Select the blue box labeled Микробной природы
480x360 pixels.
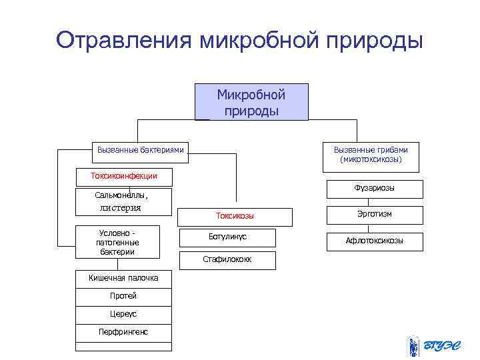[251, 102]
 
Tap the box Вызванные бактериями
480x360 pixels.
[140, 151]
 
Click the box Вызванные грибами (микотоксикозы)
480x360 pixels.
[371, 155]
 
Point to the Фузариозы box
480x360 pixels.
[374, 189]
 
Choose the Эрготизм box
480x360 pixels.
[374, 215]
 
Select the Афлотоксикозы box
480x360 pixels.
[374, 241]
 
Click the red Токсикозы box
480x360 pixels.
[235, 216]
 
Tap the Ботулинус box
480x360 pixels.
[227, 238]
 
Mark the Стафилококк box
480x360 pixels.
[227, 260]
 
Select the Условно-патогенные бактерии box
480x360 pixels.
[117, 242]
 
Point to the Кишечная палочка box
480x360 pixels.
[123, 279]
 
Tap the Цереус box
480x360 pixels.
[123, 315]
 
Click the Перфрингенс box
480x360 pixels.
[123, 333]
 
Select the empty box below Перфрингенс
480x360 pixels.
[123, 347]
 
